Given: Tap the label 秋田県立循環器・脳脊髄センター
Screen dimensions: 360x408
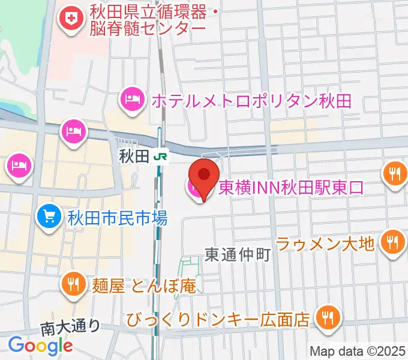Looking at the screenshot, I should (147, 19).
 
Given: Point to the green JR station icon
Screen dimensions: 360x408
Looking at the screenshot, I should (160, 157).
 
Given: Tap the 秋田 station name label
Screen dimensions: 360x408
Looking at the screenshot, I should (132, 157).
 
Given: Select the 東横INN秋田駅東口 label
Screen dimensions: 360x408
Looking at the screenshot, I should (290, 188).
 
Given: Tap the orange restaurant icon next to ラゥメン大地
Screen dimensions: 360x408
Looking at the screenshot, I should (393, 242).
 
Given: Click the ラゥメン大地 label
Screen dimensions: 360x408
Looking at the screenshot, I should (325, 243).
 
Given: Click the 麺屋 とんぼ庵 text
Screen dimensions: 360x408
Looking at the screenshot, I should (145, 286).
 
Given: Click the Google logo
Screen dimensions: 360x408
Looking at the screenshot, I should (40, 345).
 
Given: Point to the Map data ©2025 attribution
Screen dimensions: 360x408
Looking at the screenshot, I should (356, 350).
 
